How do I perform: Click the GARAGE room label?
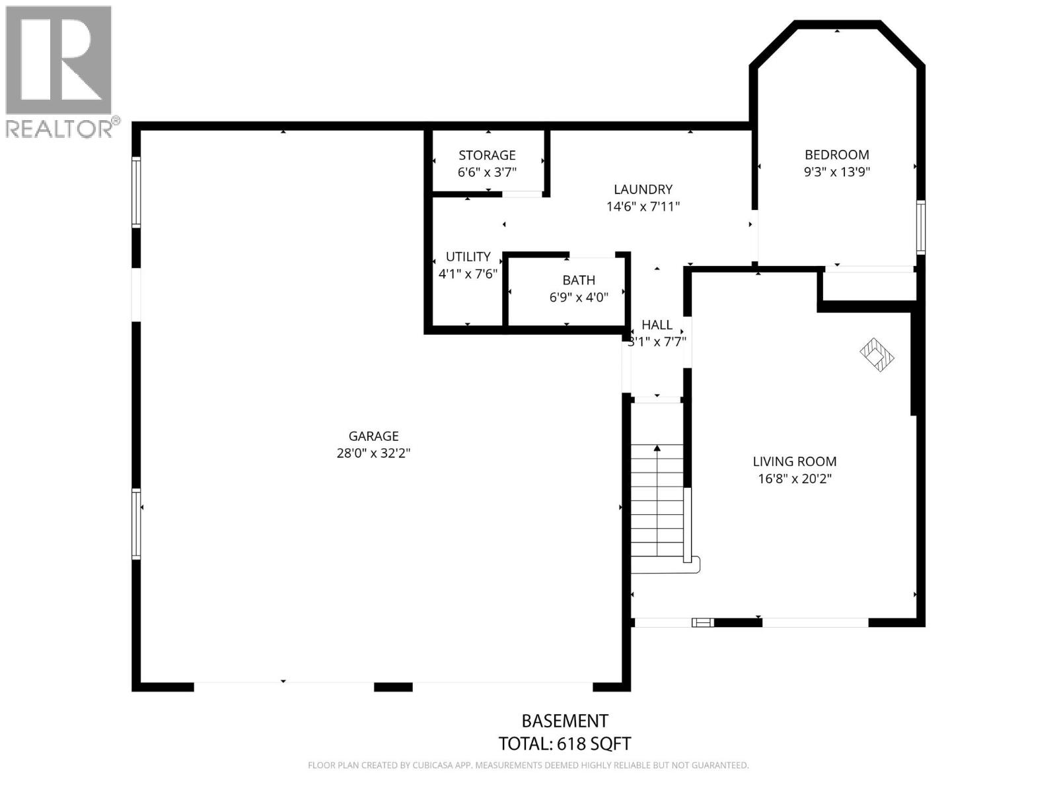pyautogui.click(x=373, y=436)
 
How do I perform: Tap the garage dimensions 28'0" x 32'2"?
pyautogui.click(x=373, y=453)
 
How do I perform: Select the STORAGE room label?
pyautogui.click(x=487, y=155)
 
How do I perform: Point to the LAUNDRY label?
pyautogui.click(x=643, y=189)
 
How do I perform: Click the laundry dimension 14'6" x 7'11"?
pyautogui.click(x=643, y=207)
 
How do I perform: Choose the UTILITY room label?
pyautogui.click(x=468, y=257)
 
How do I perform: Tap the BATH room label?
pyautogui.click(x=579, y=280)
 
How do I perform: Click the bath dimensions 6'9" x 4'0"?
pyautogui.click(x=579, y=298)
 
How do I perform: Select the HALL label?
pyautogui.click(x=657, y=325)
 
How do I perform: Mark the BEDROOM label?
pyautogui.click(x=836, y=154)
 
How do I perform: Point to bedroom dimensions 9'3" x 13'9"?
pyautogui.click(x=836, y=172)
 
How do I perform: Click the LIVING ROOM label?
pyautogui.click(x=794, y=461)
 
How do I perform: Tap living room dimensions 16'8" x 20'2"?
pyautogui.click(x=794, y=478)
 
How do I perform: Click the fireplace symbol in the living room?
pyautogui.click(x=877, y=354)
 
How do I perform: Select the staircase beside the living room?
pyautogui.click(x=657, y=502)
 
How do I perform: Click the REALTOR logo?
pyautogui.click(x=59, y=71)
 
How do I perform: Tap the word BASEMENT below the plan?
pyautogui.click(x=564, y=721)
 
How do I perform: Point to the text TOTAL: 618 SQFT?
pyautogui.click(x=564, y=744)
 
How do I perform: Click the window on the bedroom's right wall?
pyautogui.click(x=920, y=227)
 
